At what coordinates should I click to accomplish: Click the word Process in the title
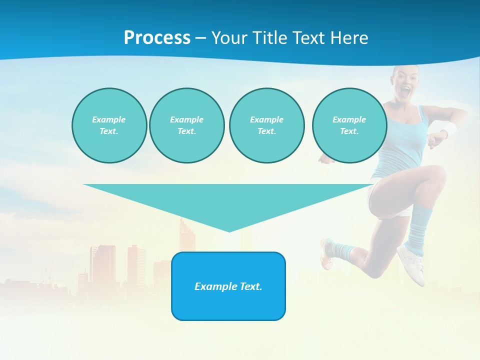click(x=157, y=38)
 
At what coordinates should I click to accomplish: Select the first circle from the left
click(x=109, y=125)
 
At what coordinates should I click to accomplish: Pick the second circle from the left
click(x=186, y=125)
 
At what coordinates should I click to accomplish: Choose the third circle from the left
click(x=266, y=125)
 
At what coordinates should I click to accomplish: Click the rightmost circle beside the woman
click(x=349, y=125)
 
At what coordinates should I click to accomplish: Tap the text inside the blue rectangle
click(x=228, y=286)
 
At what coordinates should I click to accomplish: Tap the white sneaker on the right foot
click(x=412, y=262)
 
